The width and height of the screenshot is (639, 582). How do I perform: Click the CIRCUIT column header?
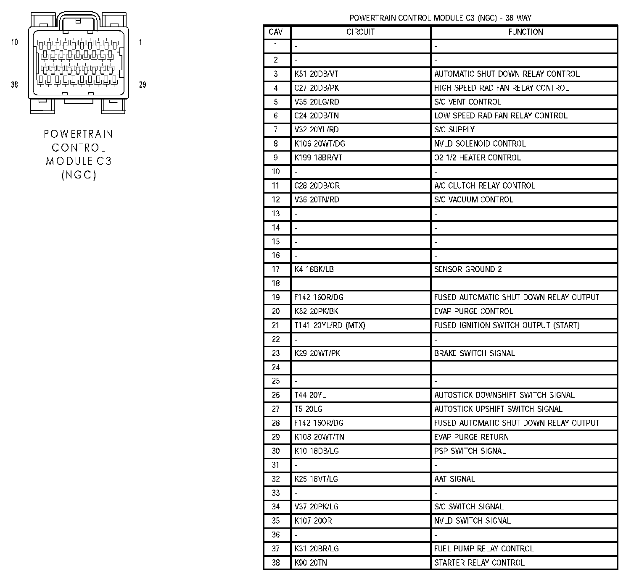[360, 32]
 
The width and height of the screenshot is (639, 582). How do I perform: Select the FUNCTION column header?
[525, 32]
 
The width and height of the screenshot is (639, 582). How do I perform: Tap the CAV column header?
[276, 32]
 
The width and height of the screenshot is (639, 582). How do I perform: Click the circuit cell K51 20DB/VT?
[316, 74]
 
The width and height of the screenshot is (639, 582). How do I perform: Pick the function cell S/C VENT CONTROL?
[467, 102]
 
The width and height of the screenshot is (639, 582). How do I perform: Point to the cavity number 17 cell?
[276, 269]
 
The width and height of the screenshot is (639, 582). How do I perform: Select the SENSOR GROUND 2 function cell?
[468, 269]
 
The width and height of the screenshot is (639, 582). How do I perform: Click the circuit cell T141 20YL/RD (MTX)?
[330, 325]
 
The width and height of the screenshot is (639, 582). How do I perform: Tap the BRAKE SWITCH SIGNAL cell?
[474, 353]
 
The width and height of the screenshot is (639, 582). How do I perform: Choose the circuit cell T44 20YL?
[310, 395]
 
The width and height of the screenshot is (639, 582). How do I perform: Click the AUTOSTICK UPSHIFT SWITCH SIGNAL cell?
[498, 409]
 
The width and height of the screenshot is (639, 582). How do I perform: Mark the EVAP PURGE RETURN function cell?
[471, 437]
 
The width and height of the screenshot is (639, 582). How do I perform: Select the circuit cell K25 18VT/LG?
[316, 479]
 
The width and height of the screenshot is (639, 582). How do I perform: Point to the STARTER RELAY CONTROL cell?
[479, 562]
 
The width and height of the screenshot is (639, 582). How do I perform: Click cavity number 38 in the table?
[276, 562]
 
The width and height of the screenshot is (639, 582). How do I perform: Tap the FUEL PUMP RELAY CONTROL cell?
[484, 548]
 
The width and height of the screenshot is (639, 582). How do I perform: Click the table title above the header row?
[440, 18]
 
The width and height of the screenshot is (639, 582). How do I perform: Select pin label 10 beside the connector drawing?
[15, 42]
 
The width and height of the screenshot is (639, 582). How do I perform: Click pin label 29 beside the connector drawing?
[143, 85]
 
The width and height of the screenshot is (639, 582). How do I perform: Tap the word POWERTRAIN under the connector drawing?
[79, 134]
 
